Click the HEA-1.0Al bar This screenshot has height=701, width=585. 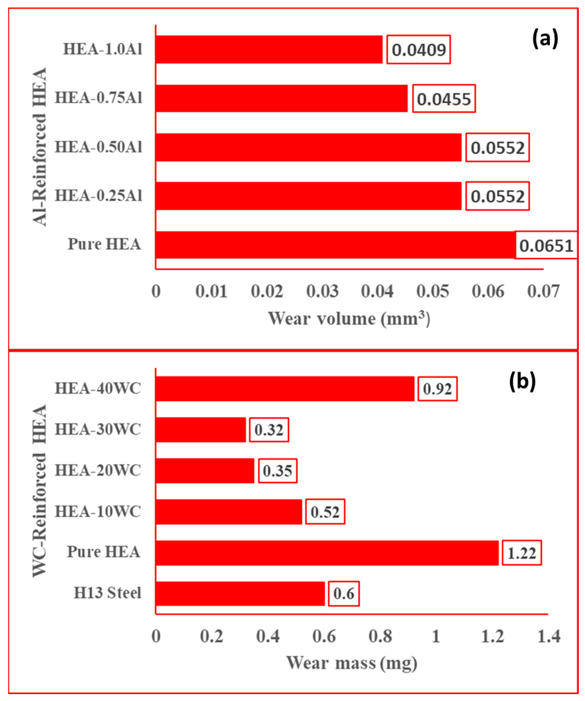[x=269, y=49]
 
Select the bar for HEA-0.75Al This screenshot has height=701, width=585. [x=282, y=98]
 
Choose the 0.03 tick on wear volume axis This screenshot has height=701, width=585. [x=322, y=291]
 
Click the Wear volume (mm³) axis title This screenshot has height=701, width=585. [x=349, y=318]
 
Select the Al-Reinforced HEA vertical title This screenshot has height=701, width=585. [x=39, y=147]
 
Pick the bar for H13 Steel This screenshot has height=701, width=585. [x=240, y=594]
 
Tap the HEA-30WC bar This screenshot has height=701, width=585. [x=201, y=430]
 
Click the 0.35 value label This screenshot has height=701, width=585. [x=277, y=471]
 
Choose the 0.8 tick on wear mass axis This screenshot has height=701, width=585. [x=380, y=636]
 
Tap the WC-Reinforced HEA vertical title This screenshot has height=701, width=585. [x=39, y=491]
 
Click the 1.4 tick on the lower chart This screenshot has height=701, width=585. [x=549, y=636]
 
